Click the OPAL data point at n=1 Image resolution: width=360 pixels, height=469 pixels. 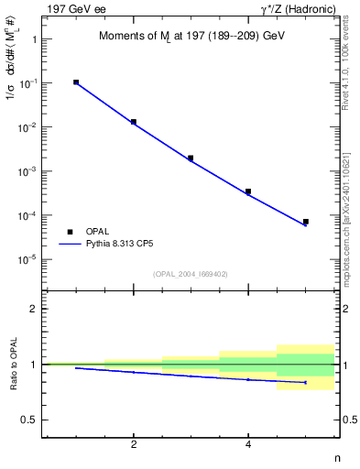pos(76,82)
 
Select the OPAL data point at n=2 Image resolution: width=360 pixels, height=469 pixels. pos(134,122)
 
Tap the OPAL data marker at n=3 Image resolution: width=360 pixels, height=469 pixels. pos(191,158)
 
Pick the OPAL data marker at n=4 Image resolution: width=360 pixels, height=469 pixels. pos(248,191)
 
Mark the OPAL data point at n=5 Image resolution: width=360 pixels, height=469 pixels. pos(306,222)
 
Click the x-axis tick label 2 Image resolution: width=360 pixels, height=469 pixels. pos(134,445)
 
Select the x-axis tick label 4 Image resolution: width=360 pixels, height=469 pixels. pos(248,445)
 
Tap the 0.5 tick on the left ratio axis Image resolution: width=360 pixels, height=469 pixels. pos(27,420)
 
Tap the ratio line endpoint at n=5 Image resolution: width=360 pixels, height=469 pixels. pos(306,382)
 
